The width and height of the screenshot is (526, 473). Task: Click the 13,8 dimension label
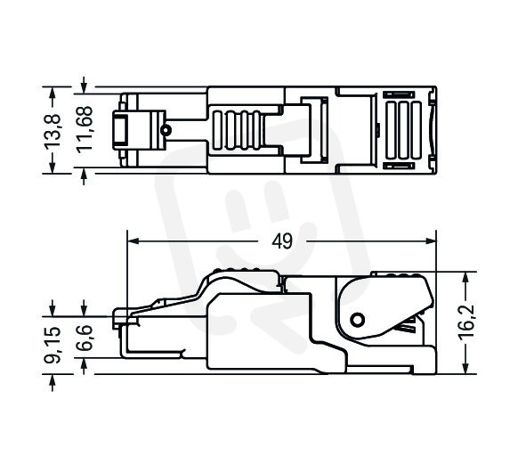(x=53, y=130)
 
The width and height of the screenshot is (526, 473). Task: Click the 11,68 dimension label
(x=84, y=129)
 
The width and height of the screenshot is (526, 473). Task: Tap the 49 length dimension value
(x=282, y=241)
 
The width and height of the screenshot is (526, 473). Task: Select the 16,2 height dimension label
(x=467, y=322)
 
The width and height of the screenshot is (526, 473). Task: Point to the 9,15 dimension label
(x=53, y=345)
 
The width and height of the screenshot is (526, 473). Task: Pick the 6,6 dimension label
(x=85, y=338)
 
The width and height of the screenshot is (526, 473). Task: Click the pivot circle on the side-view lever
(x=358, y=319)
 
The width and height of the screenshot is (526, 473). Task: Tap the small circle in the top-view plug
(x=166, y=130)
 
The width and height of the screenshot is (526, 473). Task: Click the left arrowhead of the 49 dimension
(x=134, y=241)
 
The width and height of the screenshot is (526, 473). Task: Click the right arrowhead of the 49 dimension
(x=431, y=241)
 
